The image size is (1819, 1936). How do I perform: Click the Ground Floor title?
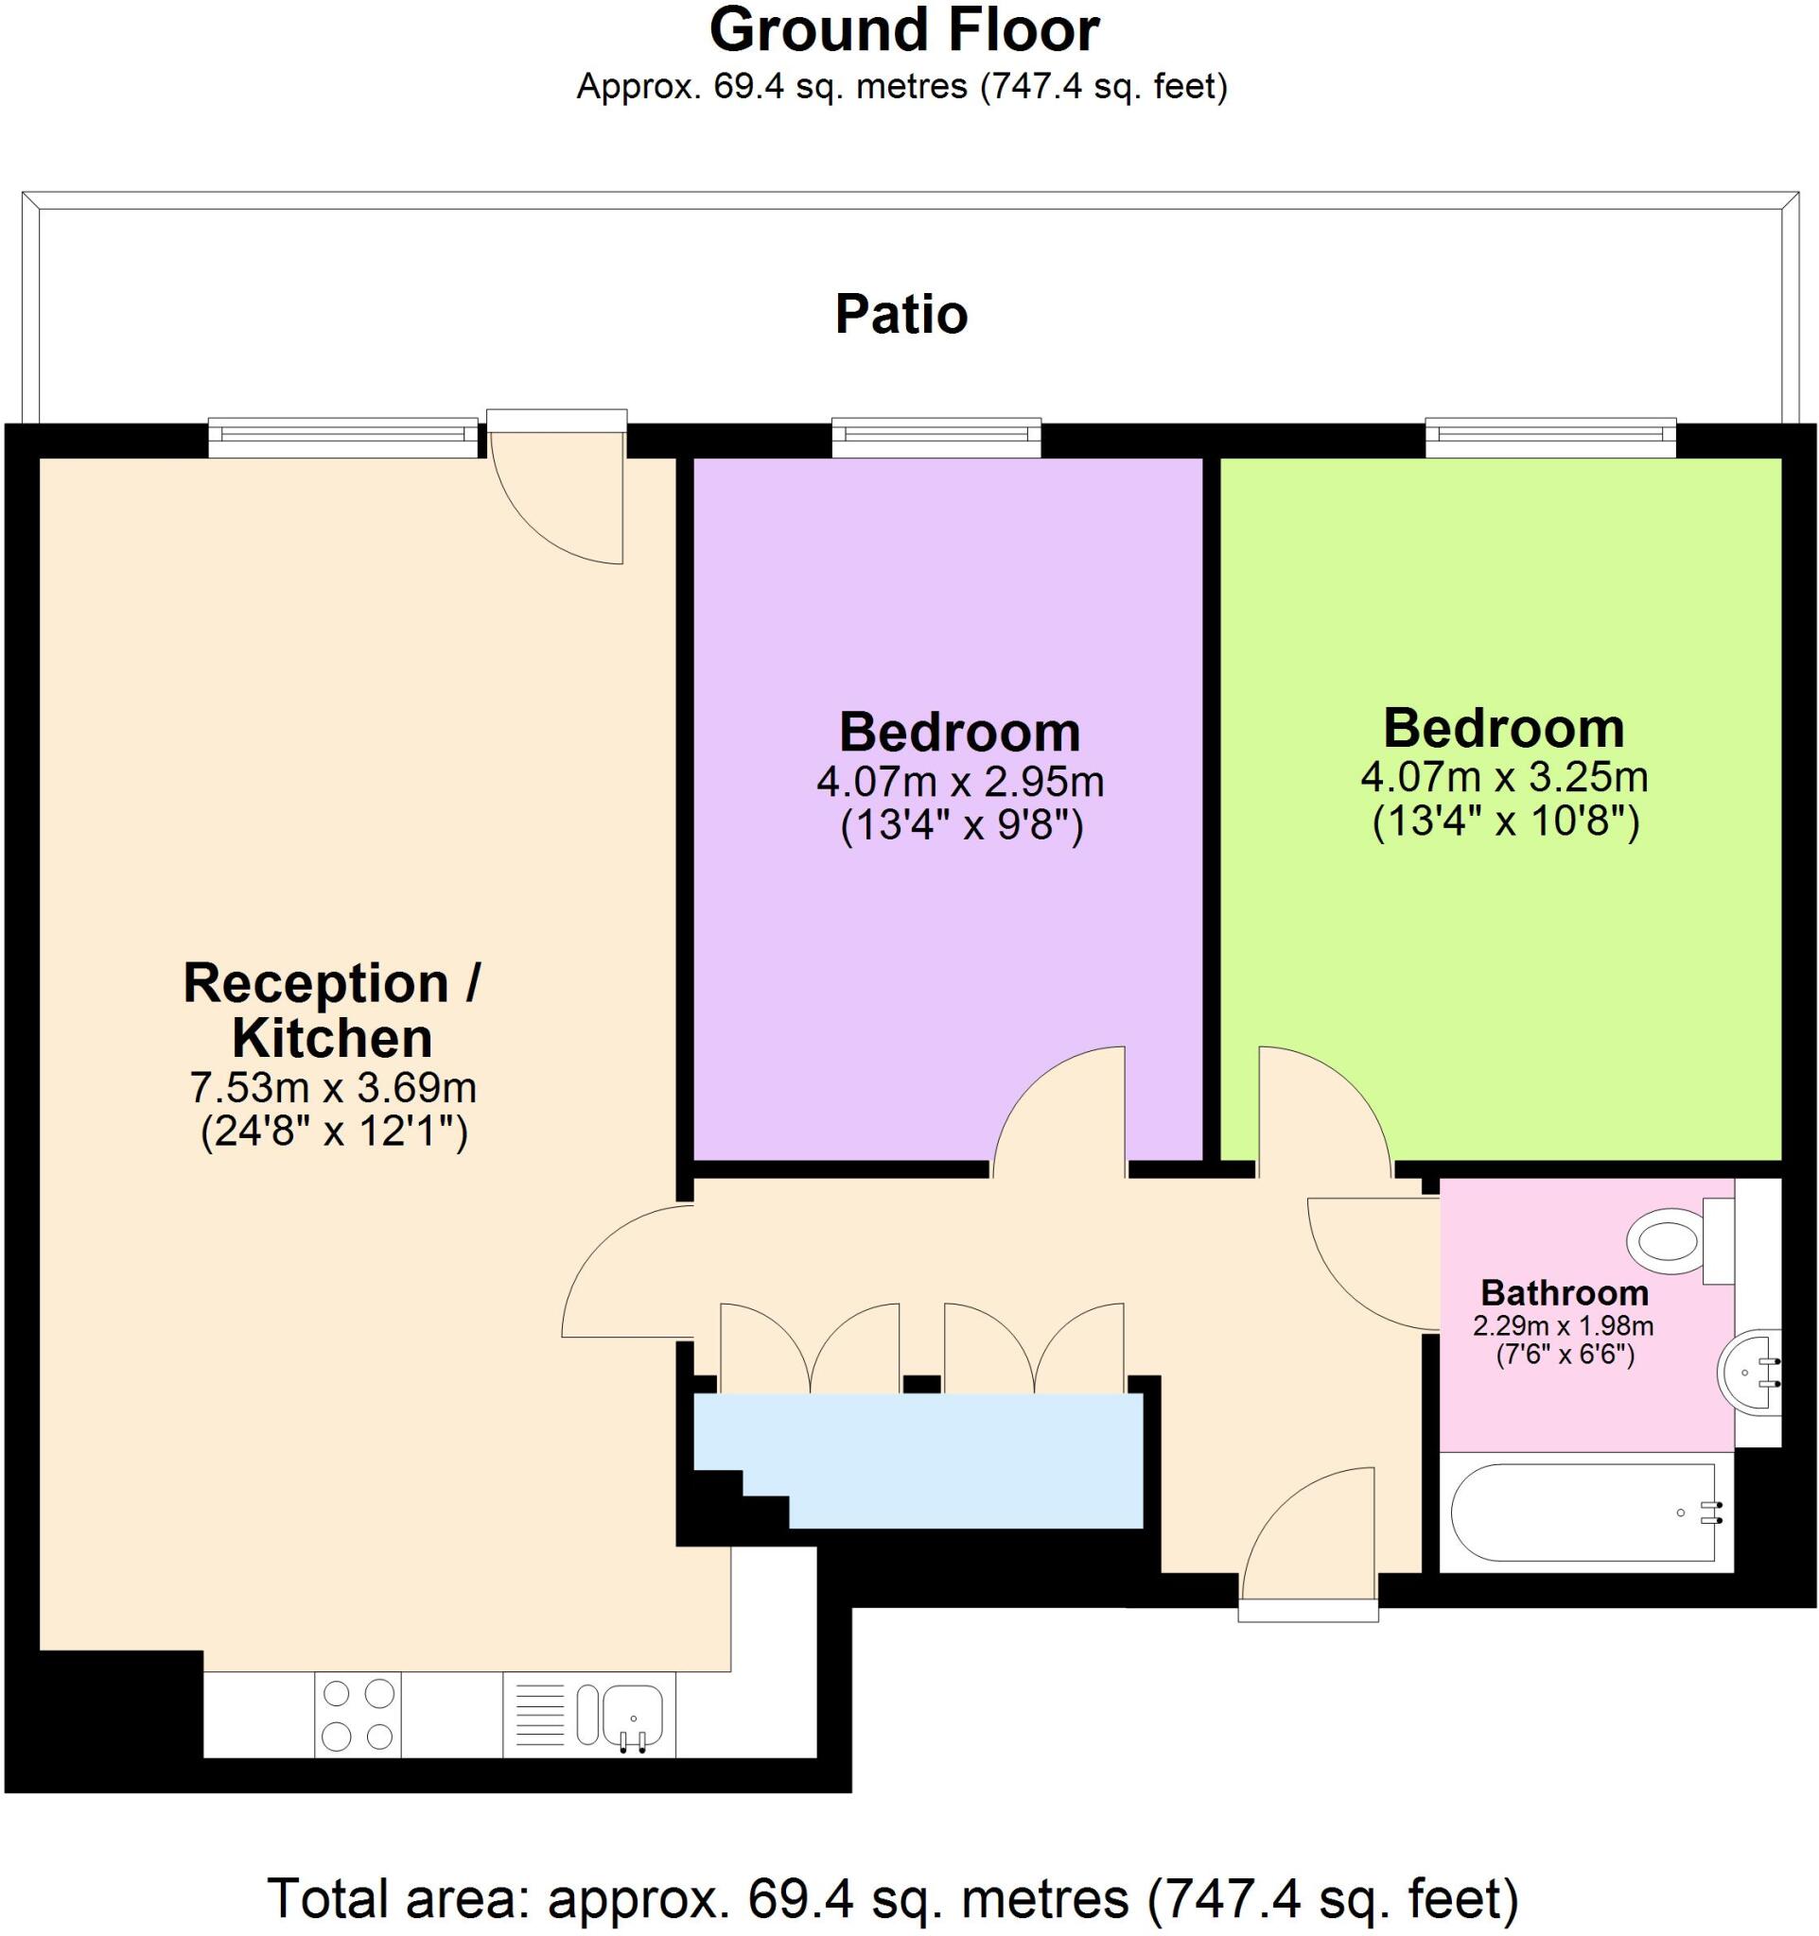click(903, 31)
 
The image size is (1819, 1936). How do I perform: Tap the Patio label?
click(901, 315)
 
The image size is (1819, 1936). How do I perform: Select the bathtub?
click(1583, 1513)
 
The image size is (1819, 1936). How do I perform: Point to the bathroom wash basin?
click(1749, 1373)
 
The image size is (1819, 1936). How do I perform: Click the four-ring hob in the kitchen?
click(358, 1715)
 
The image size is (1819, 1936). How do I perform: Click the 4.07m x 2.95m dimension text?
click(960, 781)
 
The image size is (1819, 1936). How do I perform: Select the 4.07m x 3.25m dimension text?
click(1503, 777)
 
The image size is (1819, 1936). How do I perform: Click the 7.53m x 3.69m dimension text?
click(332, 1087)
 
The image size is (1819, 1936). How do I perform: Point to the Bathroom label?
click(1564, 1293)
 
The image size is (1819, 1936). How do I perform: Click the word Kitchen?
click(332, 1038)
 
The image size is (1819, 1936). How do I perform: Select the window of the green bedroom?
click(1549, 437)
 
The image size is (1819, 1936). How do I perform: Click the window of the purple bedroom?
click(936, 437)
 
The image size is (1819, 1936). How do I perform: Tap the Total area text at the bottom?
click(892, 1898)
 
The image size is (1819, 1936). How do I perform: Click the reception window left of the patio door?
click(343, 437)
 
